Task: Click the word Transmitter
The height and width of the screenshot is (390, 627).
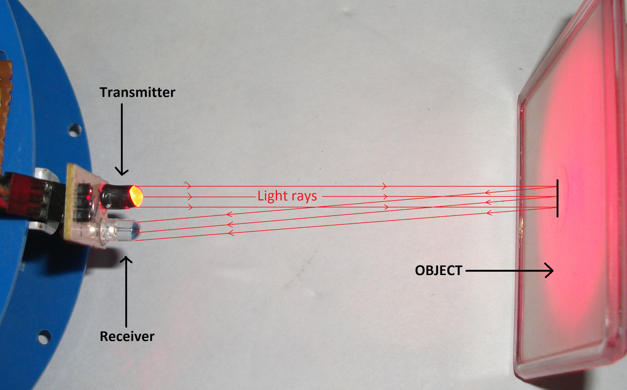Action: (137, 93)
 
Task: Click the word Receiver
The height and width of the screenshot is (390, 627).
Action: (127, 336)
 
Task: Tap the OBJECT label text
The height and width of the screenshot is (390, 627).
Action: (439, 270)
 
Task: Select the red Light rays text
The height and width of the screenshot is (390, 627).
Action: (287, 196)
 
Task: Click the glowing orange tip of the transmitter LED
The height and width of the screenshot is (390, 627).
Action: (136, 196)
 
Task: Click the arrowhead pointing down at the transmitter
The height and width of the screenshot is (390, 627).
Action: (122, 172)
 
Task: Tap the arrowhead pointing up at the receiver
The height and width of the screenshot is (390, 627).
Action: (126, 260)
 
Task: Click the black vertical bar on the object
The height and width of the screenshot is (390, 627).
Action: (557, 198)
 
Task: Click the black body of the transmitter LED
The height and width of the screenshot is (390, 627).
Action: (116, 196)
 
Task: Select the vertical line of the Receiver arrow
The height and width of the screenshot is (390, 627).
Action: (126, 294)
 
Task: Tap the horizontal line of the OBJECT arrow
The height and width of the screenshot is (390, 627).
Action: (506, 270)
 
